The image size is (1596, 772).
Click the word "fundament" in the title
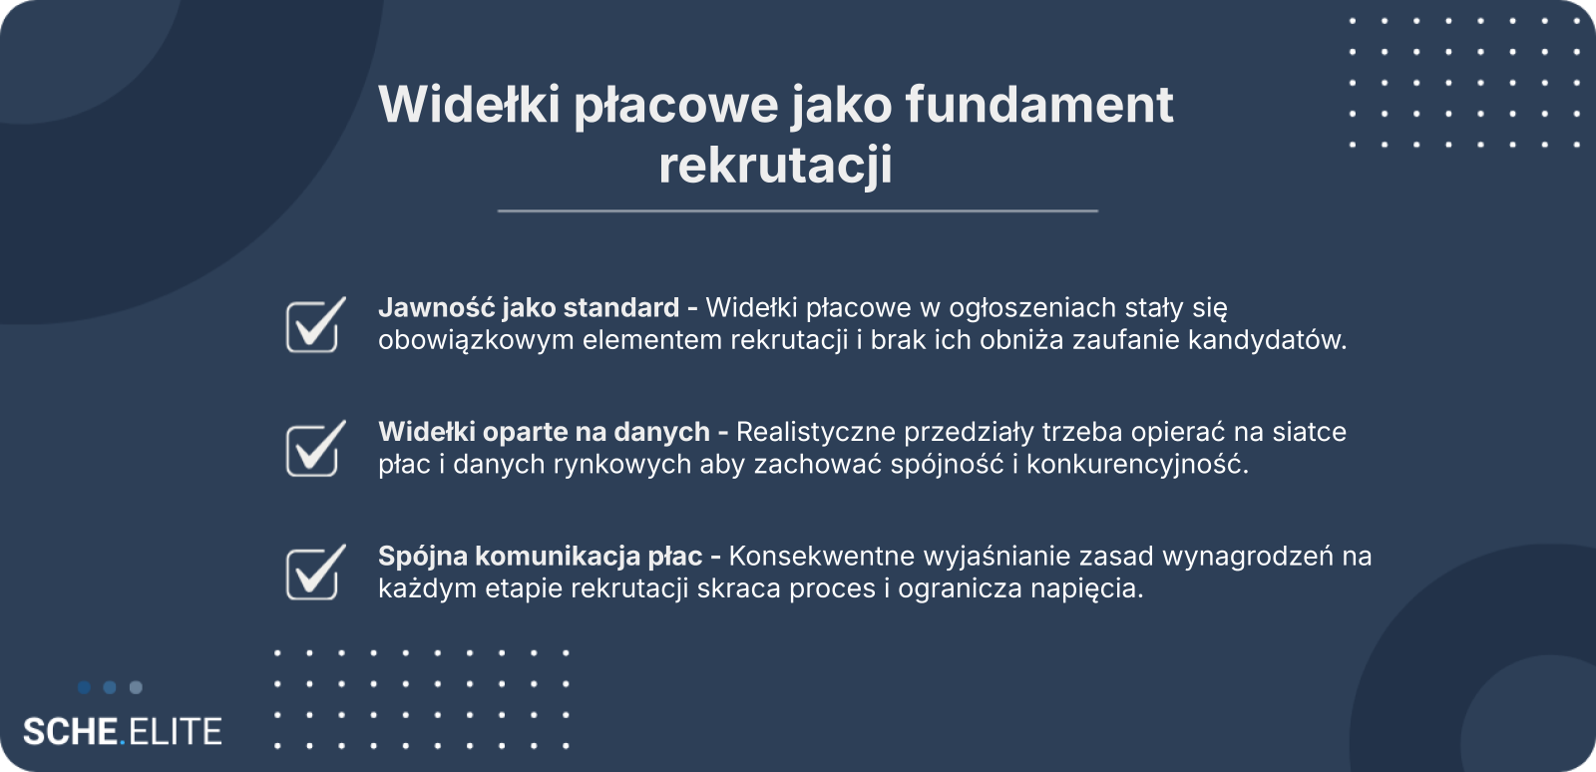click(1038, 104)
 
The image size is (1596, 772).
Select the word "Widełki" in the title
click(469, 104)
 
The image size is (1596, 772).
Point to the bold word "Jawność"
click(436, 307)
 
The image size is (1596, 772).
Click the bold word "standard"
click(621, 307)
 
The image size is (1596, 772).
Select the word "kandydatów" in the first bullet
click(1267, 340)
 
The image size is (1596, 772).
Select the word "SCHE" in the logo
click(71, 732)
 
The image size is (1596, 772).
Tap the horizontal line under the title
click(797, 210)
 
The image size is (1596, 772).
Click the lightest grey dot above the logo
click(136, 687)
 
